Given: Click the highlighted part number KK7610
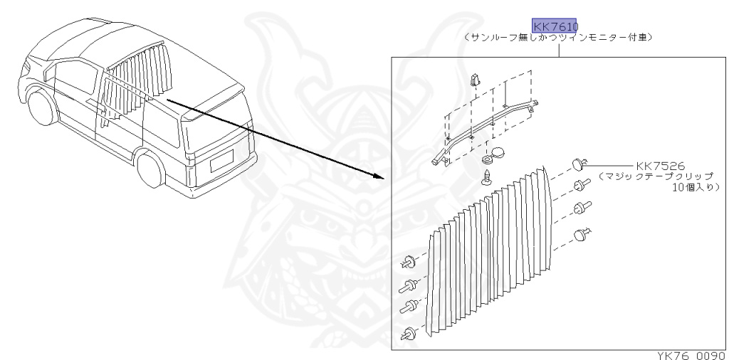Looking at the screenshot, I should tap(555, 27).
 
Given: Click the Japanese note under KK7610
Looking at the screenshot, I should tap(557, 38).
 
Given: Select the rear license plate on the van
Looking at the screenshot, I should tap(221, 164).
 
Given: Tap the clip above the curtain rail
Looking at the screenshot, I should tap(475, 80).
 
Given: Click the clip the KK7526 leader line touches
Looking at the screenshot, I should tap(579, 165).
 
